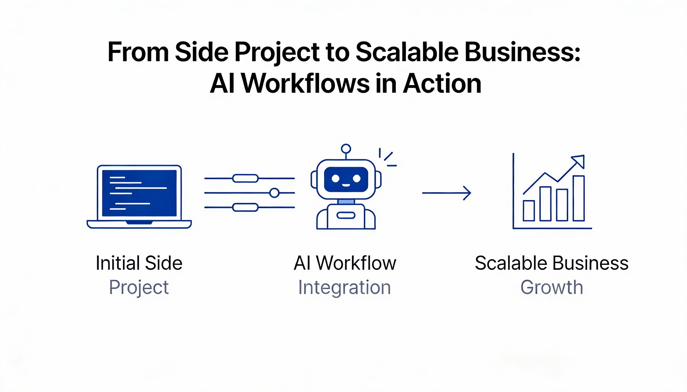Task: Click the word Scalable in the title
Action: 407,52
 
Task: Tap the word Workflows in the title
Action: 305,83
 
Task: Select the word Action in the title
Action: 442,83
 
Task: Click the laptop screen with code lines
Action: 139,193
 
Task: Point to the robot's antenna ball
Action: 346,148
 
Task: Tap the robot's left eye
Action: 335,178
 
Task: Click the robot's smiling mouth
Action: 346,185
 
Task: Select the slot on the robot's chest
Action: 346,215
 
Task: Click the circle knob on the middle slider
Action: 274,193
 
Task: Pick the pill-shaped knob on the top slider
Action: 245,178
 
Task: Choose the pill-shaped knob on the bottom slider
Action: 245,207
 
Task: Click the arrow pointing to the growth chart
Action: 446,193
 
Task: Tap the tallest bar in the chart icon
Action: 579,198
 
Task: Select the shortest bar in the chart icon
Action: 529,211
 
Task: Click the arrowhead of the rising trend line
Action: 579,161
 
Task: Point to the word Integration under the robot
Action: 344,287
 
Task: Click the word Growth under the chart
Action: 552,287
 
